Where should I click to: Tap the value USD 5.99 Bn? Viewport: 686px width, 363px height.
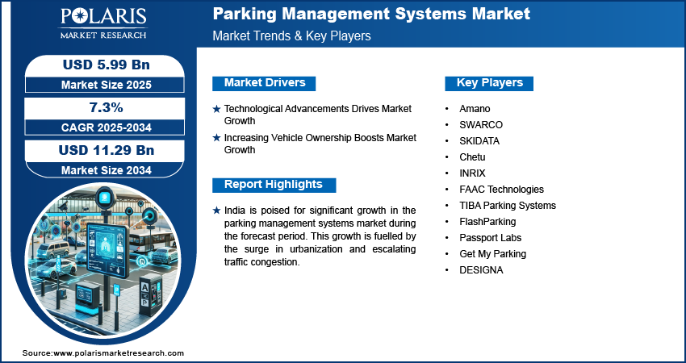pyautogui.click(x=107, y=65)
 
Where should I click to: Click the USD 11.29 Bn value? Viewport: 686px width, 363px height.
pyautogui.click(x=107, y=150)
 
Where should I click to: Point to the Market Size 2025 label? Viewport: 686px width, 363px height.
pyautogui.click(x=107, y=85)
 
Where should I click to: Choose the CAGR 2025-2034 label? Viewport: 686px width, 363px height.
pyautogui.click(x=107, y=127)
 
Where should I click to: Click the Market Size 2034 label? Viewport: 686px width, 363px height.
pyautogui.click(x=107, y=170)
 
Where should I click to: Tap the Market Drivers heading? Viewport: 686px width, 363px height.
pyautogui.click(x=265, y=82)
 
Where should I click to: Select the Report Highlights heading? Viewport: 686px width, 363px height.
pyautogui.click(x=274, y=184)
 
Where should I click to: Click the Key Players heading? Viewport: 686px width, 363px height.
pyautogui.click(x=490, y=82)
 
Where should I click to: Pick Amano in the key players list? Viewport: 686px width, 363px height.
pyautogui.click(x=475, y=108)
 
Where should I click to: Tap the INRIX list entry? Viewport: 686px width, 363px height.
pyautogui.click(x=472, y=173)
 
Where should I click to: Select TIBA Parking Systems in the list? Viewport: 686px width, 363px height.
pyautogui.click(x=508, y=206)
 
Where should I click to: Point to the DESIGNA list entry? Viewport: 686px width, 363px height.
pyautogui.click(x=481, y=270)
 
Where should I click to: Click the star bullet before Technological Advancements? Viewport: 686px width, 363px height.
pyautogui.click(x=216, y=109)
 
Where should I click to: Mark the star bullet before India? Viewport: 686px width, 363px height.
pyautogui.click(x=216, y=211)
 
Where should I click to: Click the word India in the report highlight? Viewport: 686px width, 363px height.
pyautogui.click(x=234, y=211)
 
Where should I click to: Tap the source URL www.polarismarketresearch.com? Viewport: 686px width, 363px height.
pyautogui.click(x=119, y=353)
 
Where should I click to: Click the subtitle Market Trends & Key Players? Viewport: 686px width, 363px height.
pyautogui.click(x=292, y=35)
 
